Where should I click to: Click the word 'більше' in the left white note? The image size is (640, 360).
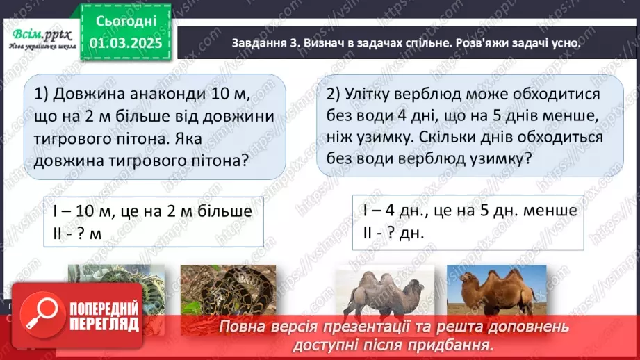(219, 211)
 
